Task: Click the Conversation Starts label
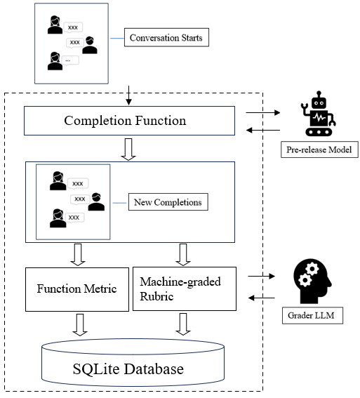pyautogui.click(x=165, y=37)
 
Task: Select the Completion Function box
pyautogui.click(x=129, y=120)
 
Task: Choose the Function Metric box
pyautogui.click(x=77, y=288)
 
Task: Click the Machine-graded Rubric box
pyautogui.click(x=185, y=288)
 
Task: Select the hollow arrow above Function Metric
pyautogui.click(x=78, y=254)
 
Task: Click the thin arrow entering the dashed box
pyautogui.click(x=128, y=93)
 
